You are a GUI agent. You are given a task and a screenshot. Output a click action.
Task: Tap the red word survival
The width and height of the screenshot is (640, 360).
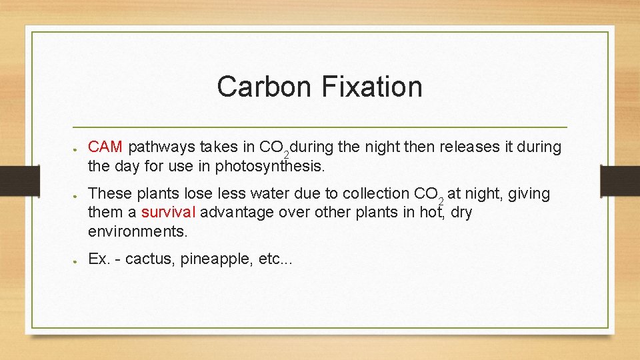click(x=169, y=213)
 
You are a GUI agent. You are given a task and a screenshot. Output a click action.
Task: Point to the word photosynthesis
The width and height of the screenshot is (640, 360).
click(x=269, y=166)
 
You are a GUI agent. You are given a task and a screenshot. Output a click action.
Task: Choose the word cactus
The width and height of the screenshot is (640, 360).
click(x=147, y=259)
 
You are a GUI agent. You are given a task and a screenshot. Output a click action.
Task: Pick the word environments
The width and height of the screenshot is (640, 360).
click(x=137, y=232)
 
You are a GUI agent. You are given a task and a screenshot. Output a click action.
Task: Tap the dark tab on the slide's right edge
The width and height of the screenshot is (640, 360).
click(x=619, y=180)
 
